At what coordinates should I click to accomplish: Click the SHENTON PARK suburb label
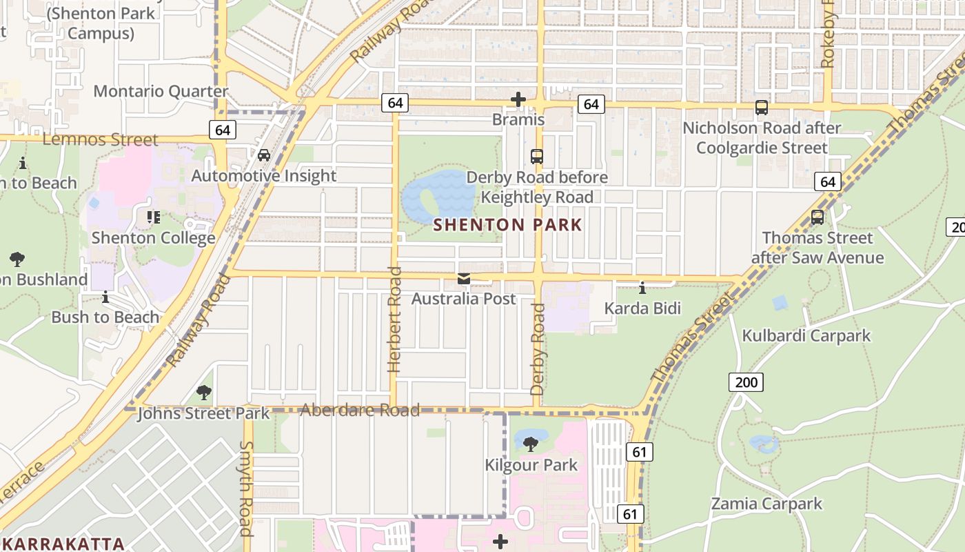click(x=507, y=225)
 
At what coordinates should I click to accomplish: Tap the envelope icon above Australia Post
click(x=464, y=279)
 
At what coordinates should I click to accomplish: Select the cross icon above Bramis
click(x=518, y=100)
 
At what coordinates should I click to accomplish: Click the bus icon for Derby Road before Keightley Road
click(x=537, y=157)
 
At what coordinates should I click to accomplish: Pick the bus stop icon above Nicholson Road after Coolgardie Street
click(x=762, y=108)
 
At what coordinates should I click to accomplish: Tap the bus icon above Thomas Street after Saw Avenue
click(x=817, y=217)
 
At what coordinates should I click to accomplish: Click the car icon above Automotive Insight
click(x=264, y=155)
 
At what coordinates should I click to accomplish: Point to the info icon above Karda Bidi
click(x=642, y=288)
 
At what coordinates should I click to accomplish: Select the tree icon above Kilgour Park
click(x=530, y=444)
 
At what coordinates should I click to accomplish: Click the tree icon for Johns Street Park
click(x=203, y=393)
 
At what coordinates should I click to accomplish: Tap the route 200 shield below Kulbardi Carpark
click(x=746, y=382)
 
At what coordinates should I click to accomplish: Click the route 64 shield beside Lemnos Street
click(x=222, y=130)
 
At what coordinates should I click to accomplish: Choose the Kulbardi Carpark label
click(x=806, y=336)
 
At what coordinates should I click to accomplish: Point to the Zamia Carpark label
click(x=766, y=504)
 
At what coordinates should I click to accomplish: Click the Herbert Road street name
click(x=394, y=319)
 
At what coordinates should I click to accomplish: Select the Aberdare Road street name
click(x=360, y=411)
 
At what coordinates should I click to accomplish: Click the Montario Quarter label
click(x=161, y=91)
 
